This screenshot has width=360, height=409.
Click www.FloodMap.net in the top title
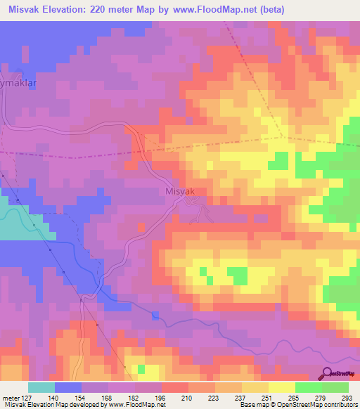[x=255, y=10]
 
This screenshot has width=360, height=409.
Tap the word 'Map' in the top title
[x=158, y=10]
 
